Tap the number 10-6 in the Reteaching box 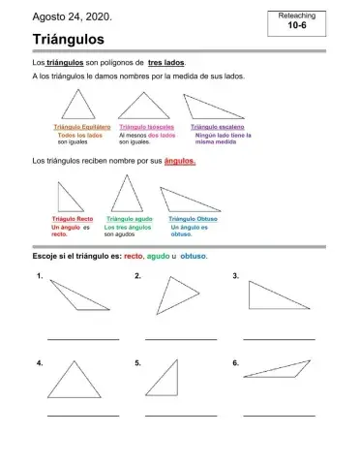pyautogui.click(x=297, y=26)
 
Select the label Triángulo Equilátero pyautogui.click(x=80, y=127)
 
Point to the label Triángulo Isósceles pyautogui.click(x=145, y=127)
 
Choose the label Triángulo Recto pyautogui.click(x=73, y=219)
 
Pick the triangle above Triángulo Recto pyautogui.click(x=70, y=199)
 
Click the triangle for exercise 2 pyautogui.click(x=175, y=294)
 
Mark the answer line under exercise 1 pyautogui.click(x=82, y=338)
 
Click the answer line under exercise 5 pyautogui.click(x=180, y=415)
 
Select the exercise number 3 pyautogui.click(x=235, y=277)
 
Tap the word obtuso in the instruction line pyautogui.click(x=194, y=258)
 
